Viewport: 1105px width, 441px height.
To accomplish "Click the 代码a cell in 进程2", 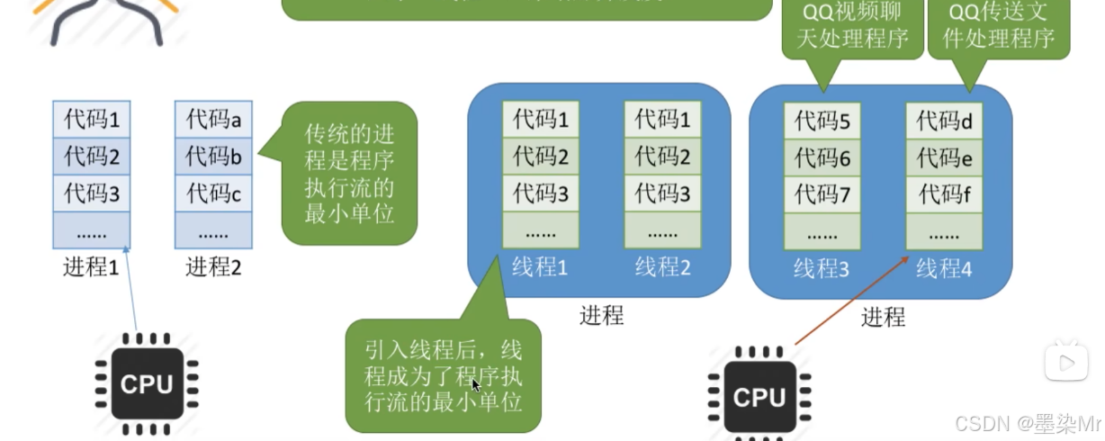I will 213,119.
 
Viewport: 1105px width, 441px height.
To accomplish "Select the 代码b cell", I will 213,157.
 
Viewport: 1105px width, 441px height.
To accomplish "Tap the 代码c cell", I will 213,193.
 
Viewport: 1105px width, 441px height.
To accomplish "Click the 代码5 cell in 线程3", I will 822,121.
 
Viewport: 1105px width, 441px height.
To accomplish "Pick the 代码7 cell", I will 822,194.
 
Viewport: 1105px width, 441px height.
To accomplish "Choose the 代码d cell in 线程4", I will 944,121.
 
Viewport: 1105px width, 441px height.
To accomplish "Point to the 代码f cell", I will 944,194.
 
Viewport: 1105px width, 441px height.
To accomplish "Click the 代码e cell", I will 944,158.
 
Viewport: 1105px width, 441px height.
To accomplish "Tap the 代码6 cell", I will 822,158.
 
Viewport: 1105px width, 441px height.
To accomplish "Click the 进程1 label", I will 91,266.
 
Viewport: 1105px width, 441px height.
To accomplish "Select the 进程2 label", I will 213,266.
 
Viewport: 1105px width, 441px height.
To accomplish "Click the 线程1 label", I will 540,267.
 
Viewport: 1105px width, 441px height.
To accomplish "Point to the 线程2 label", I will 662,267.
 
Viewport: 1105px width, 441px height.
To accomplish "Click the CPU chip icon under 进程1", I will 147,384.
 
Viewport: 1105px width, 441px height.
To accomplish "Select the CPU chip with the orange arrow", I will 759,396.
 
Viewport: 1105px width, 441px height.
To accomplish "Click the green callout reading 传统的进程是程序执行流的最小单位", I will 350,173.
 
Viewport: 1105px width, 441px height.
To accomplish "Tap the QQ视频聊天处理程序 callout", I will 852,27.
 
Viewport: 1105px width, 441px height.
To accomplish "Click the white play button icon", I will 1066,363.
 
